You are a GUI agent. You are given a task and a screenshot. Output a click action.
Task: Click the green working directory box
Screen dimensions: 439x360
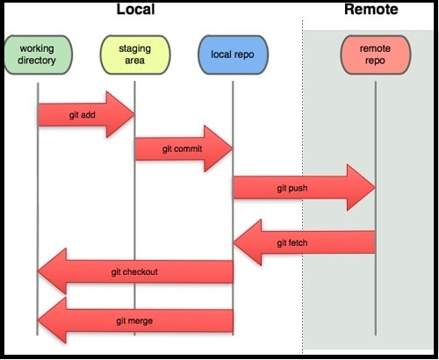pyautogui.click(x=38, y=54)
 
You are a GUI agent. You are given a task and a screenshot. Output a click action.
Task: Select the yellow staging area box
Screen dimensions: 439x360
pyautogui.click(x=135, y=54)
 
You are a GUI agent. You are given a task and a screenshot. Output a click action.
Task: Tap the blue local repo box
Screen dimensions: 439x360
pyautogui.click(x=233, y=54)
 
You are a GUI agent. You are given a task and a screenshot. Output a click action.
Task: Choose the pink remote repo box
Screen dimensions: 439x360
pyautogui.click(x=376, y=54)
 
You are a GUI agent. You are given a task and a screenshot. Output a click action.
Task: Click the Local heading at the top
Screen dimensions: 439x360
pyautogui.click(x=135, y=9)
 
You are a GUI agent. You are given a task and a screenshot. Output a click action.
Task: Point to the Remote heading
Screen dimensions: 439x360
pyautogui.click(x=371, y=9)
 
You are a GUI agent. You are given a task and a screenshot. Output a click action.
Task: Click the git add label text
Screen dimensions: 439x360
pyautogui.click(x=83, y=115)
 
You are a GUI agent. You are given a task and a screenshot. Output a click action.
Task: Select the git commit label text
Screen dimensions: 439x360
pyautogui.click(x=182, y=149)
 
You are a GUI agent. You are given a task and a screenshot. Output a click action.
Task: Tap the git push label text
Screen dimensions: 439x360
pyautogui.click(x=292, y=188)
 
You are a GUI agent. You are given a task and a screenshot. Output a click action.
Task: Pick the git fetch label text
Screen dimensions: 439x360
pyautogui.click(x=292, y=243)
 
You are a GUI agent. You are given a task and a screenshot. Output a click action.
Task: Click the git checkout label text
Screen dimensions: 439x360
pyautogui.click(x=134, y=272)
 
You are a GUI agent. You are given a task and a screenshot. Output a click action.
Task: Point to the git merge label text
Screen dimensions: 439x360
pyautogui.click(x=134, y=321)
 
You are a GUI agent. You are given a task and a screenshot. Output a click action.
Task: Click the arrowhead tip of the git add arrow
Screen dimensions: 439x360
pyautogui.click(x=134, y=115)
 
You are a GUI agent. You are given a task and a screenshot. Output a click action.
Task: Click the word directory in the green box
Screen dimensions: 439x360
pyautogui.click(x=37, y=61)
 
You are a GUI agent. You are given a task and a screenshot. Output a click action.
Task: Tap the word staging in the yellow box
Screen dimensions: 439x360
pyautogui.click(x=135, y=48)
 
